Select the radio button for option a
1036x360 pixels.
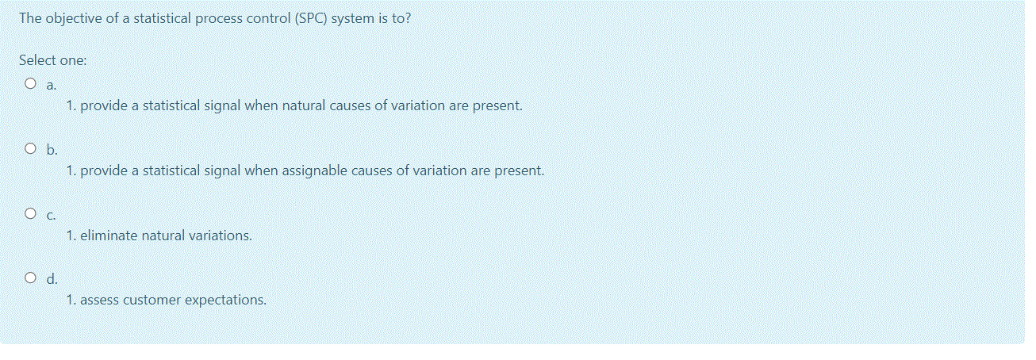coord(30,83)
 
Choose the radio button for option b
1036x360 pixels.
coord(30,148)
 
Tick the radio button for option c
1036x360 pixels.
coord(30,213)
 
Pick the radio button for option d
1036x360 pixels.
coord(30,278)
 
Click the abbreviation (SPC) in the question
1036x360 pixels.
coord(311,18)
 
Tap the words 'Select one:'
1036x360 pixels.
coord(52,60)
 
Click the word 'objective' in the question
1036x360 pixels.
coord(74,19)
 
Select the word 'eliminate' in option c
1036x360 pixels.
coord(109,236)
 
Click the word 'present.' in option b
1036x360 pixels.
coord(520,171)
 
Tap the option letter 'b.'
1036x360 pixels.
coord(52,150)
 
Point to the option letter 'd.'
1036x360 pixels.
coord(52,278)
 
